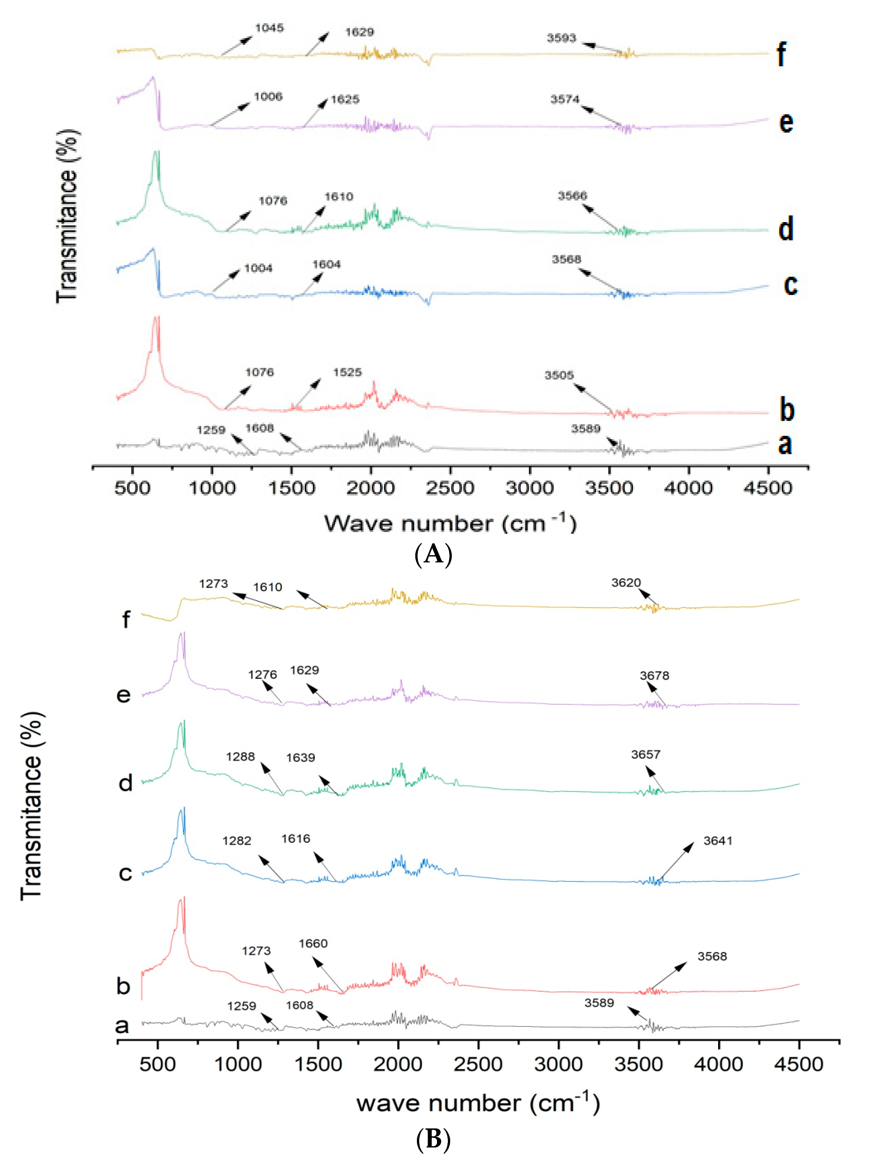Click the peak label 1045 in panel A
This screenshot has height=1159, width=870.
pos(269,28)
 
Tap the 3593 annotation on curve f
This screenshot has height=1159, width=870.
pos(561,38)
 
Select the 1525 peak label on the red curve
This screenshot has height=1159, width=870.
pos(347,372)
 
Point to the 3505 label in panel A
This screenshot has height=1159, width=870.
pos(559,375)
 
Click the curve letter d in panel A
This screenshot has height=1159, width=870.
pos(785,229)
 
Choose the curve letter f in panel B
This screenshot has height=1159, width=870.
pos(126,620)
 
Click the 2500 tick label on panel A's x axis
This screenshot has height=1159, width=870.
pos(450,488)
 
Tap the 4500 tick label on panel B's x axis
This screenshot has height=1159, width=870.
pos(798,1064)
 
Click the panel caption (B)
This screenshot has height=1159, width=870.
pos(433,1139)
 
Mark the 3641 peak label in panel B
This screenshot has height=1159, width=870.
pos(717,840)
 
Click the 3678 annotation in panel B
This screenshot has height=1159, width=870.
pos(654,676)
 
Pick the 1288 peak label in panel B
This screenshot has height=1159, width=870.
pos(240,756)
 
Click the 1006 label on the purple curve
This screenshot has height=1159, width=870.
pos(268,96)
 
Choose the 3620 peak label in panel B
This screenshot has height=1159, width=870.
pos(626,583)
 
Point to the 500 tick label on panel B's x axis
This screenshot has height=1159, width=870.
pos(157,1064)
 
